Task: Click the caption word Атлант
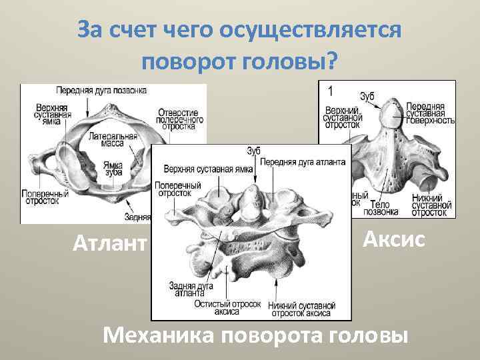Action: click(x=109, y=243)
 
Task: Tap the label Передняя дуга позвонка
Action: click(x=101, y=89)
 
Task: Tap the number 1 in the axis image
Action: click(x=329, y=89)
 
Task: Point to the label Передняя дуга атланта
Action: click(x=303, y=161)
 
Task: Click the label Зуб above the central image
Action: click(x=253, y=151)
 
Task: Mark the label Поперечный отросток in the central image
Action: click(x=178, y=189)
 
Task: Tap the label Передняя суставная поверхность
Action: click(x=430, y=113)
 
